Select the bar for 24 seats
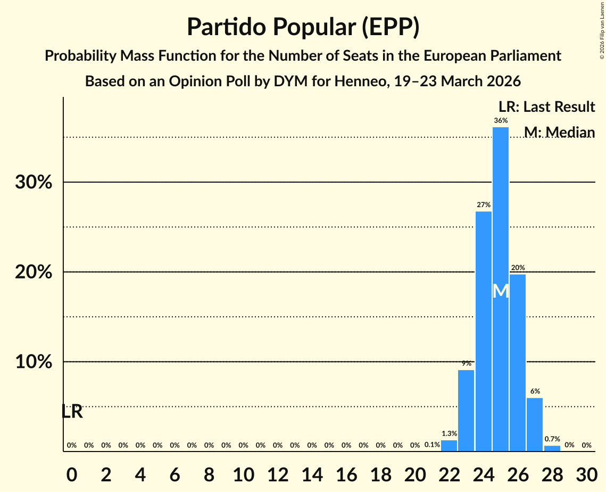click(484, 330)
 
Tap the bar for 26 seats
click(518, 362)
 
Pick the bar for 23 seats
click(466, 410)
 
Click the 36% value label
click(501, 121)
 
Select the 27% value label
click(484, 205)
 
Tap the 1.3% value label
click(449, 434)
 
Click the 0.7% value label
click(552, 439)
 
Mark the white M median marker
click(501, 291)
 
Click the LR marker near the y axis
click(72, 412)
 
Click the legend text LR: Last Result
click(546, 107)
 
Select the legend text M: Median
click(559, 132)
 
